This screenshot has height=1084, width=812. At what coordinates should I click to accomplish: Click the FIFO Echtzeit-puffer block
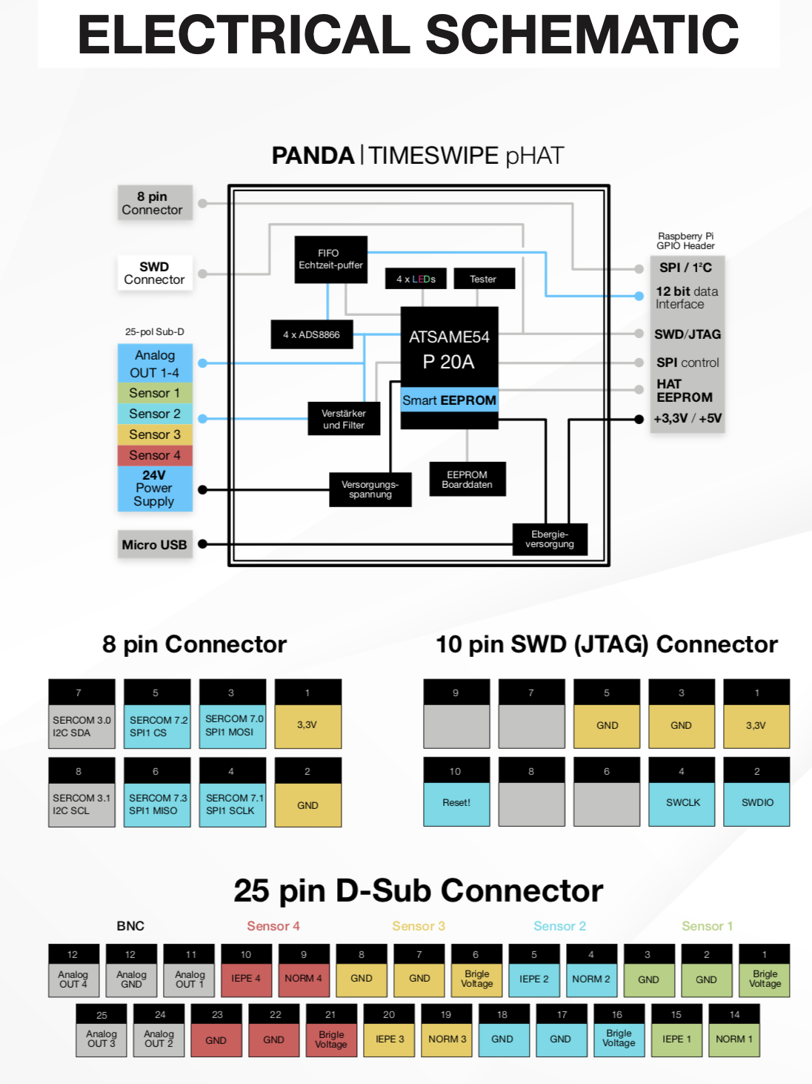coord(330,260)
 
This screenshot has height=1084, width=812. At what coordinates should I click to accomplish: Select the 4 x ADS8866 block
coord(311,334)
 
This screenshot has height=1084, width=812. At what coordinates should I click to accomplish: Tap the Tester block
coord(483,279)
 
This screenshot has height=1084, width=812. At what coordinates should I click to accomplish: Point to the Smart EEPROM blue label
coord(449,400)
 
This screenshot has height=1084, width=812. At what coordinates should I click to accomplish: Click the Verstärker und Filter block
coord(344,419)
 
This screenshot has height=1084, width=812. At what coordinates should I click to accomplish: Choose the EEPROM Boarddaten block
coord(467,480)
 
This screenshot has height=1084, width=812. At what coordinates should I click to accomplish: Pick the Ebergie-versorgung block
coord(550,539)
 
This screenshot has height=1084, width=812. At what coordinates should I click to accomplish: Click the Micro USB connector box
coord(155,545)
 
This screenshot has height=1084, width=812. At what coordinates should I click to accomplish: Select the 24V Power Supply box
coord(155,489)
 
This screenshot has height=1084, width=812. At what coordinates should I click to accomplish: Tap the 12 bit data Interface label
coord(686,297)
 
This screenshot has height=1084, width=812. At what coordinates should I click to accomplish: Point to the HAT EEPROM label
coord(684,391)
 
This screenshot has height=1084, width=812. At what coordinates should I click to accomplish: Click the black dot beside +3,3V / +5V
coord(639,419)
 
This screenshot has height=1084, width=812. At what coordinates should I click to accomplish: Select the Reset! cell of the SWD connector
coord(456,803)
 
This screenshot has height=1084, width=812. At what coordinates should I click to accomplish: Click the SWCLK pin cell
coord(682,803)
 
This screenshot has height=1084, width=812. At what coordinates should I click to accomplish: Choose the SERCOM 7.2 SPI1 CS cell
coord(157,727)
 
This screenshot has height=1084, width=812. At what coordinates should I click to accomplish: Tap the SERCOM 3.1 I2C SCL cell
coord(81,804)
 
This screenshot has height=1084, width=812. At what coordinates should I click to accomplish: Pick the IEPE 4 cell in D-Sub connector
coord(246,979)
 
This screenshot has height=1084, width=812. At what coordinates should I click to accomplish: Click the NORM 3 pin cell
coord(447,1040)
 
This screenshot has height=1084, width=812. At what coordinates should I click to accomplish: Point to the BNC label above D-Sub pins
coord(130,926)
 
